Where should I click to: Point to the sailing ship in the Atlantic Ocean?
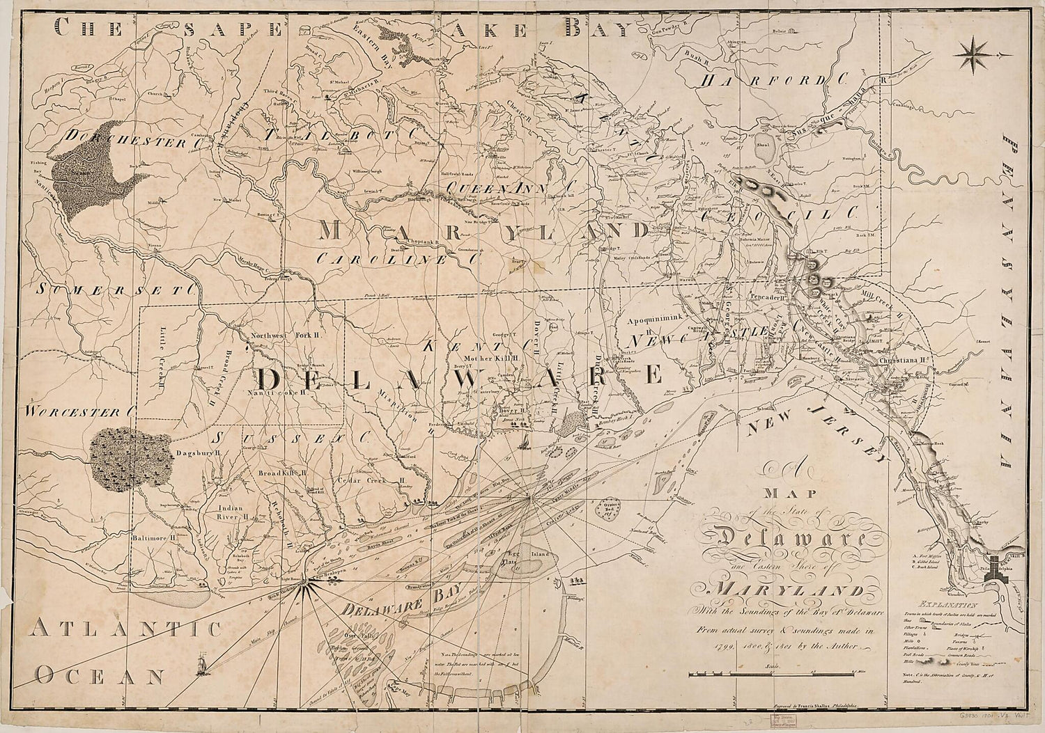click(203, 659)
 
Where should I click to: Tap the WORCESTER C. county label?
click(77, 411)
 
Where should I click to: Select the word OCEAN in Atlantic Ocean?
click(100, 675)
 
